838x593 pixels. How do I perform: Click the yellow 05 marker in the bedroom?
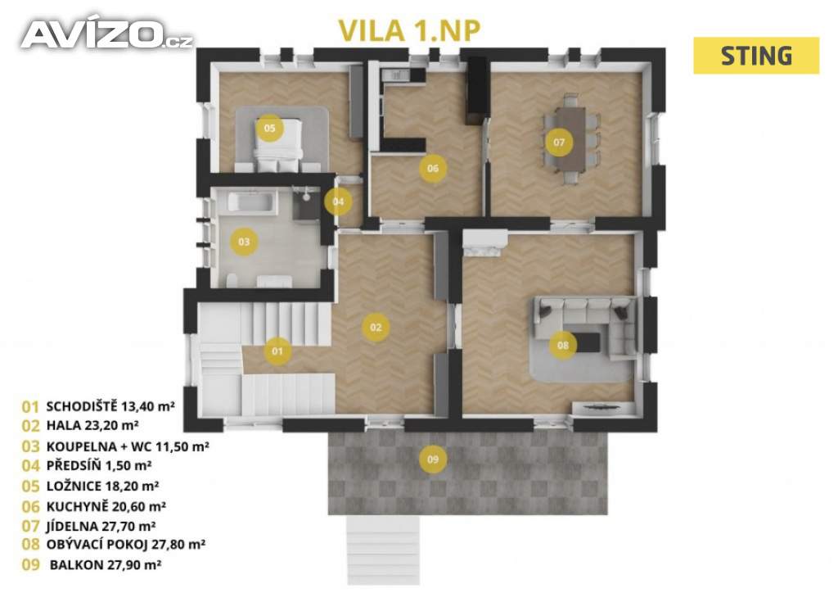tap(269, 128)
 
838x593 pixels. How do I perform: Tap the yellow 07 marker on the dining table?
tap(558, 143)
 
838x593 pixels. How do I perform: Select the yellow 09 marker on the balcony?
tap(433, 459)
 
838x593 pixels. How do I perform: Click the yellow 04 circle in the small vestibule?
tap(338, 201)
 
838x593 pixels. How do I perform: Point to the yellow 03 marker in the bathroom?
tap(244, 242)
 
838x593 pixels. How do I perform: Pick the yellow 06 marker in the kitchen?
tap(432, 168)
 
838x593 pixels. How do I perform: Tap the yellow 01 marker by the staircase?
tap(277, 351)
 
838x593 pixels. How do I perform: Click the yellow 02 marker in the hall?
tap(376, 328)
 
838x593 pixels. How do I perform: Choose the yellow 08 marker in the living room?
tap(563, 345)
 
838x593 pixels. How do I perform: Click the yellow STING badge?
tap(755, 56)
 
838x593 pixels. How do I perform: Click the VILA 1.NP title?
tap(409, 30)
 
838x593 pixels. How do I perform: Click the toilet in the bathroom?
tap(232, 281)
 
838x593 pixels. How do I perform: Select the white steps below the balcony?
tap(383, 550)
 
